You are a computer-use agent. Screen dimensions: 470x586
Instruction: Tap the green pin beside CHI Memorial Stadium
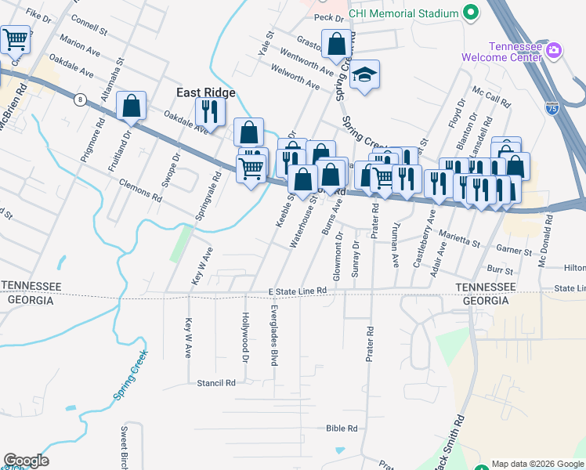coord(471,13)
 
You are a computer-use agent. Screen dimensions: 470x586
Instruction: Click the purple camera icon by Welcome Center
coord(554,50)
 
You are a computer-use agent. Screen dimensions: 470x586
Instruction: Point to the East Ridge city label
coord(206,92)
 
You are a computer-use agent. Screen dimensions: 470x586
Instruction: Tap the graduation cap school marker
coord(364,75)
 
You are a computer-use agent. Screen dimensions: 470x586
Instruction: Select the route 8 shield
coord(79,99)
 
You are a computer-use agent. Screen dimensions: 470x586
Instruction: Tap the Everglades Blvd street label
coord(274,334)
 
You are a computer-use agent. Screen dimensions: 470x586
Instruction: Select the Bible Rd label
coord(342,428)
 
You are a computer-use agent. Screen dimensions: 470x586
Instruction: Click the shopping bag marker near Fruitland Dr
coord(132,106)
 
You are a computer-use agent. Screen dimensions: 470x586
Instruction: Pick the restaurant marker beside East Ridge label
coord(209,110)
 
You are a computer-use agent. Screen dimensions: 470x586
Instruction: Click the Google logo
coord(26,460)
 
